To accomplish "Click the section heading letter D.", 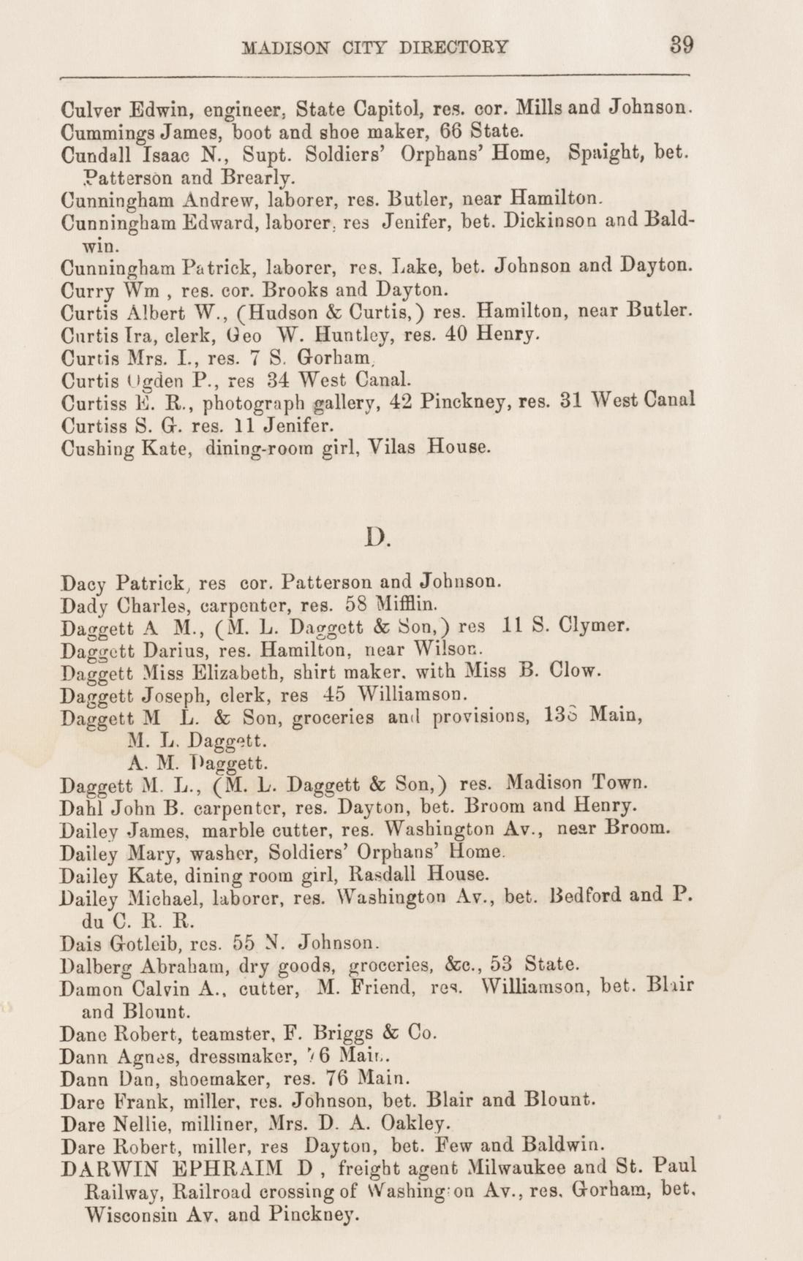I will click(377, 539).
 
